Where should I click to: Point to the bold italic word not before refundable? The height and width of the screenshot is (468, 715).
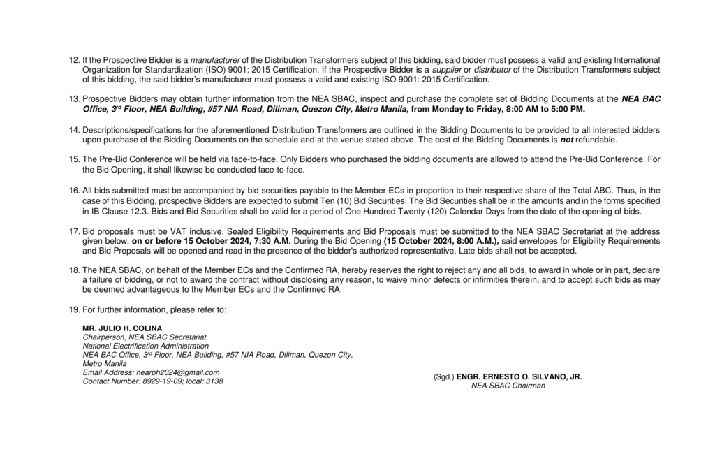570,140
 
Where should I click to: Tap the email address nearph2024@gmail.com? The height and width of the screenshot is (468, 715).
179,372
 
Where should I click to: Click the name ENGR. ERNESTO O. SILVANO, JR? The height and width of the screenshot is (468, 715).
519,376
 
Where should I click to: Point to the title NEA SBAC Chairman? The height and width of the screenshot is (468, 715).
508,385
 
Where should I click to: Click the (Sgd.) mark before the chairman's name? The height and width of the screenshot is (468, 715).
443,376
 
